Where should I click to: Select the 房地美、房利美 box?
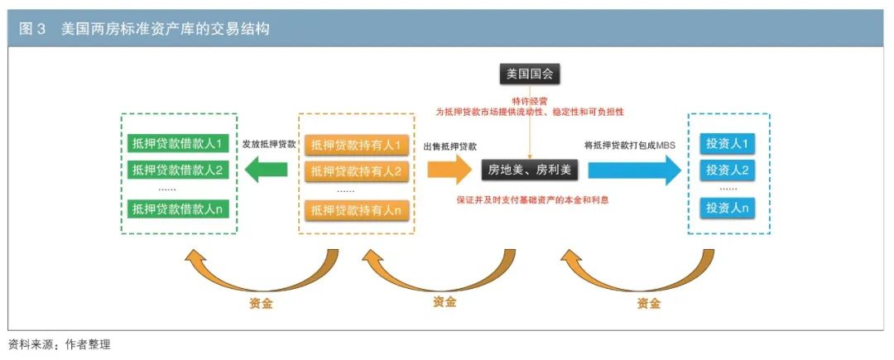[530, 170]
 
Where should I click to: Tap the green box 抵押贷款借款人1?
[177, 142]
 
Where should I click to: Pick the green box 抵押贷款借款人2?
[177, 170]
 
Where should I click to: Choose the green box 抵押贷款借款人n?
[177, 209]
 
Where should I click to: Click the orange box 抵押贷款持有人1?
[357, 145]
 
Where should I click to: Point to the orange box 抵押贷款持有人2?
[357, 172]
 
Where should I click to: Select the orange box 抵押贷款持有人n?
[357, 210]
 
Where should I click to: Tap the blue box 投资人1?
[728, 144]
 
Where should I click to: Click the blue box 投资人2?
[728, 171]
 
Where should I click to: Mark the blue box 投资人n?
[728, 208]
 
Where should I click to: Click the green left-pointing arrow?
[267, 170]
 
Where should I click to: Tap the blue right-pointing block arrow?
[634, 170]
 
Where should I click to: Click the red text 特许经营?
[530, 100]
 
